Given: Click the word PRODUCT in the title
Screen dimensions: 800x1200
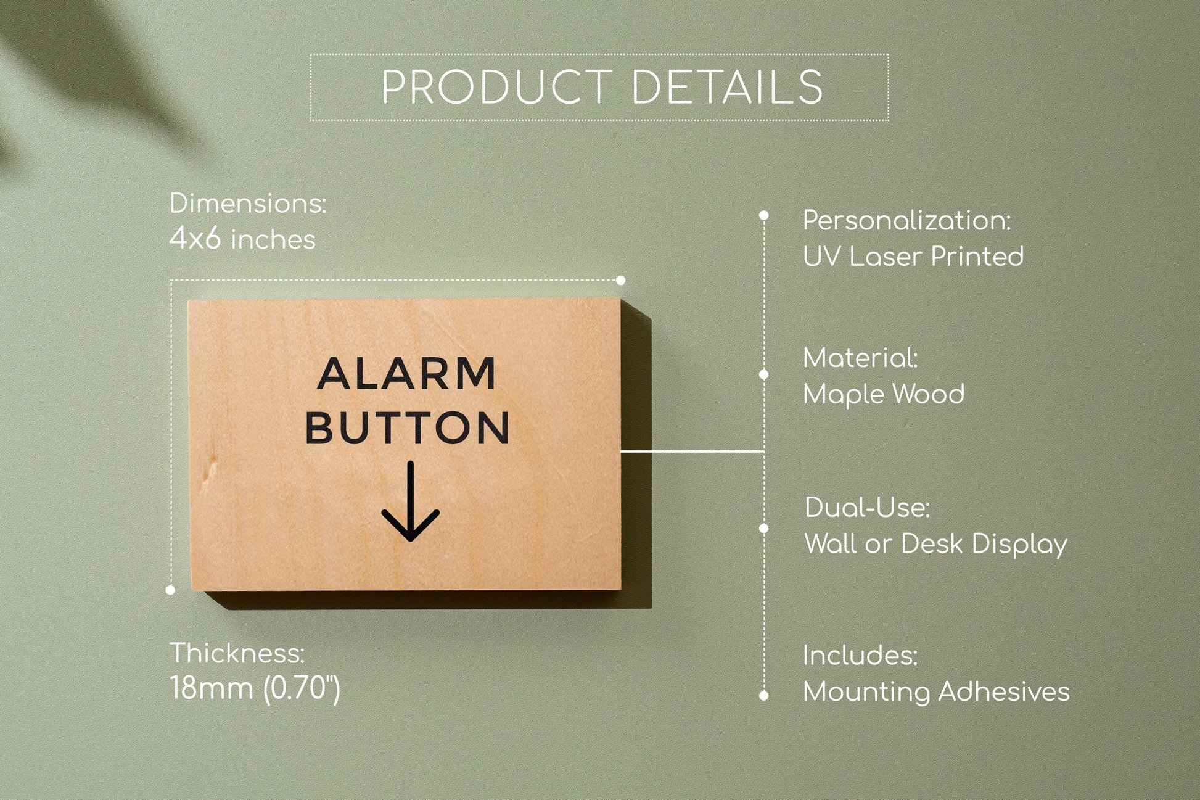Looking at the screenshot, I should point(496,87).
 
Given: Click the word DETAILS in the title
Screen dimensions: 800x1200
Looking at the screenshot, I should point(727,87).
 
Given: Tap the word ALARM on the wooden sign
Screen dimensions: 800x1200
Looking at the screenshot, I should point(406,374).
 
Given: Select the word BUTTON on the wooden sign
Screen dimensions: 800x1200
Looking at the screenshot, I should point(408,427).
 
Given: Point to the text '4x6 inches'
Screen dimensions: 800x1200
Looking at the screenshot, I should point(242,239).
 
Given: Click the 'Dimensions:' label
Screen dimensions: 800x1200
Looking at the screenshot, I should point(247,204).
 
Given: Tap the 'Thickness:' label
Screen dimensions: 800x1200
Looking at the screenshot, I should point(237,653).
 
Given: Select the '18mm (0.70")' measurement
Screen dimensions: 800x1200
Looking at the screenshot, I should point(255,688).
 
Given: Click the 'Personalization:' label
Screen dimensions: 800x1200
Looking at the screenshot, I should point(906,221).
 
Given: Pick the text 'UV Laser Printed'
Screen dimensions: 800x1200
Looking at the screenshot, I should point(913,257).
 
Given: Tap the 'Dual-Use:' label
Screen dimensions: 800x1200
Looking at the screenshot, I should point(867,508).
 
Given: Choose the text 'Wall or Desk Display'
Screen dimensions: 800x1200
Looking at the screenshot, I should point(935,544).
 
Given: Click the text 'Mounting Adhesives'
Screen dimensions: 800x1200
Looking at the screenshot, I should point(936,691).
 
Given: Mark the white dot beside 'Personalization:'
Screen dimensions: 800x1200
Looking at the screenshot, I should point(763,215).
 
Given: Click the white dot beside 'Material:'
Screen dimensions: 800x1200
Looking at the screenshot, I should point(763,374).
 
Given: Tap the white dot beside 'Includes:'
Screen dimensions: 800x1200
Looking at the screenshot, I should point(763,696).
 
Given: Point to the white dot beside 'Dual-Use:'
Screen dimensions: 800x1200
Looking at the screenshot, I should point(763,529).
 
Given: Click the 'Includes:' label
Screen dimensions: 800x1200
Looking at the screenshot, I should point(860,656).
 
